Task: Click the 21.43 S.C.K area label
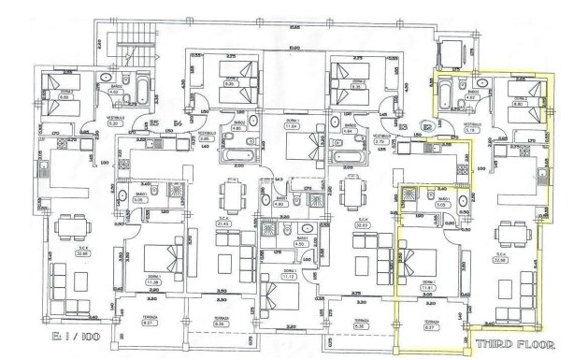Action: point(223,224)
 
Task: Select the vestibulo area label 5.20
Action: point(112,122)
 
